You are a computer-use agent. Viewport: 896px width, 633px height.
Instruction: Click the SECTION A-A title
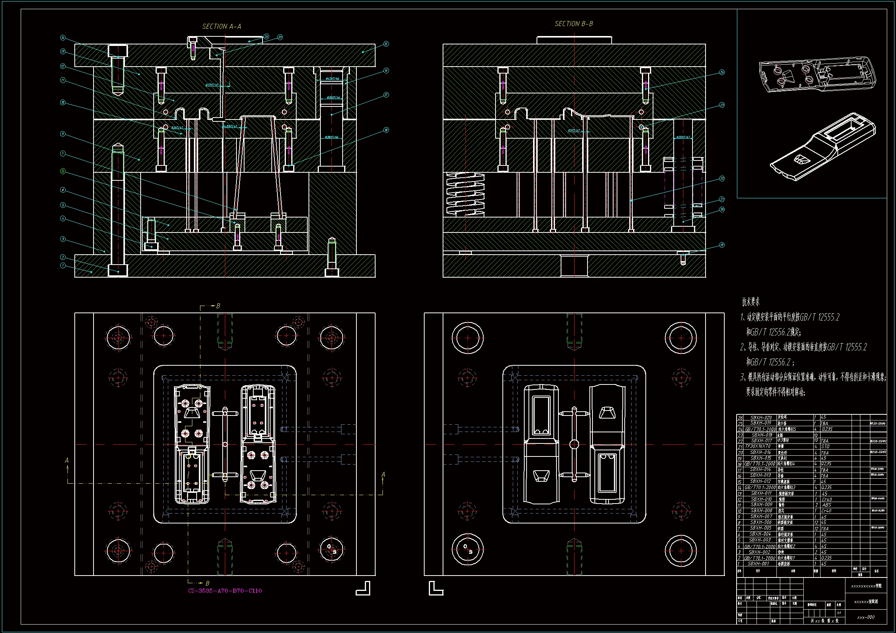(221, 26)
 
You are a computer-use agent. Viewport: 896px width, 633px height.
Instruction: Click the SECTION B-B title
(574, 24)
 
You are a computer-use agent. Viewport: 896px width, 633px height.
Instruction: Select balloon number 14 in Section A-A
(63, 38)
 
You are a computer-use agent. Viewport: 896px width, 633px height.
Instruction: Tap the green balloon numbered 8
(63, 171)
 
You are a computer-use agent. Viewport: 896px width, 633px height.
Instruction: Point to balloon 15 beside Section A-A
(386, 44)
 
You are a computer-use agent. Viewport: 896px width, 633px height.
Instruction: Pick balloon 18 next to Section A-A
(386, 130)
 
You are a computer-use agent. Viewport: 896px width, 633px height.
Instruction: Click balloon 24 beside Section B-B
(722, 72)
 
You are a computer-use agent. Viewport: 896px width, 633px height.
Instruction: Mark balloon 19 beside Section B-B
(722, 245)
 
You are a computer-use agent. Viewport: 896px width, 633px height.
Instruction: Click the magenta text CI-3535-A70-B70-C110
(225, 590)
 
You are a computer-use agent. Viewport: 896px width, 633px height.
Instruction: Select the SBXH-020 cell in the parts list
(761, 417)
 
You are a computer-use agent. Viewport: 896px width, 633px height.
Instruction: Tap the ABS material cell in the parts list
(827, 505)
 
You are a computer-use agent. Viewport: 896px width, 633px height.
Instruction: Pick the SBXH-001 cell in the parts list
(758, 564)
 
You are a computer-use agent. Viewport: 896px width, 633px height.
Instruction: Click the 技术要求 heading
(750, 301)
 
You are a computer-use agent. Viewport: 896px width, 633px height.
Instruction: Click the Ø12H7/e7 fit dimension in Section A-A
(212, 85)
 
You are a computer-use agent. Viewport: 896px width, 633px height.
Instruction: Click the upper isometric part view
(817, 74)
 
